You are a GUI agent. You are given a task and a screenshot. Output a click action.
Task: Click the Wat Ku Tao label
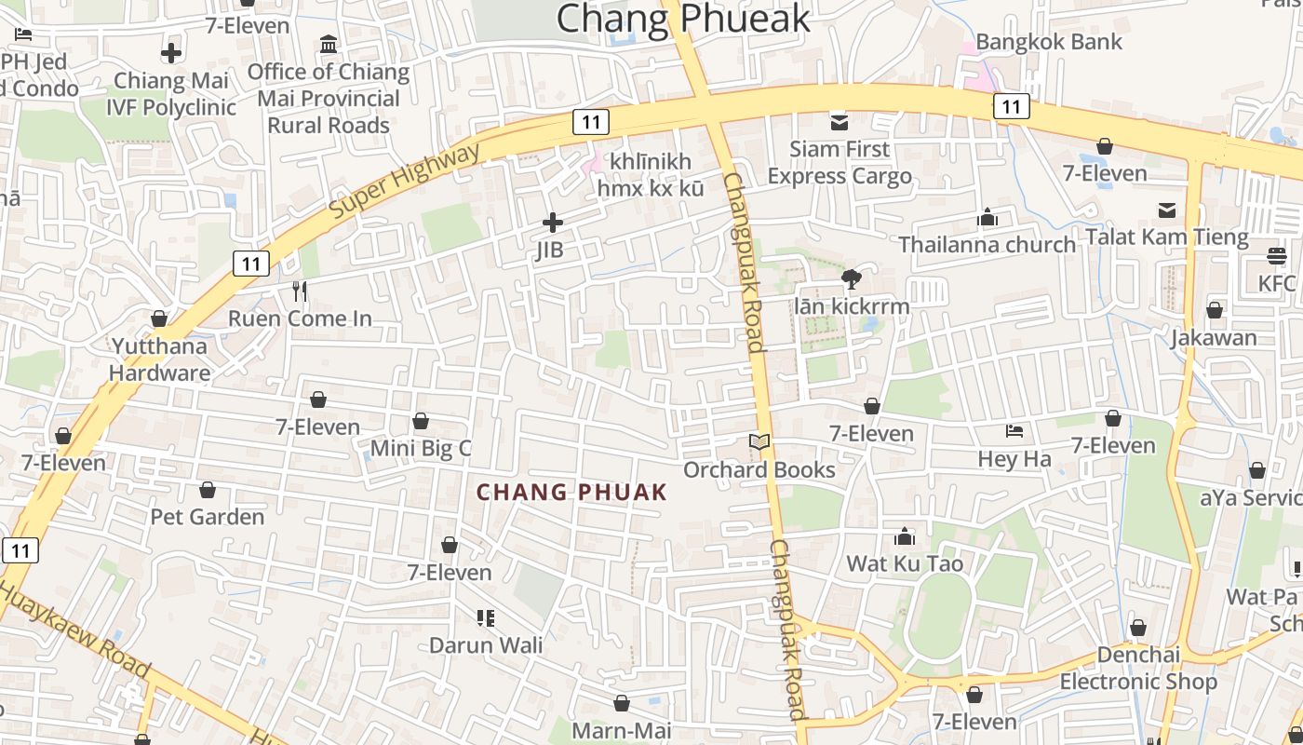coord(905,563)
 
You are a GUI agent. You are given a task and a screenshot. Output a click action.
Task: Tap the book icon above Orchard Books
coord(760,442)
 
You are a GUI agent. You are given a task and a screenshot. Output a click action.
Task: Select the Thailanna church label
coord(987,245)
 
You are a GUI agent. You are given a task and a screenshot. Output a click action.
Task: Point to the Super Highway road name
coord(406,182)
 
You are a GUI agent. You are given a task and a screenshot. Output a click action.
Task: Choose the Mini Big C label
coord(421,449)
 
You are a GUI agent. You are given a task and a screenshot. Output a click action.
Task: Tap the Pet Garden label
coord(208,517)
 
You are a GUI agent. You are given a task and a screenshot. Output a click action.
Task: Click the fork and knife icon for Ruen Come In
coord(300,291)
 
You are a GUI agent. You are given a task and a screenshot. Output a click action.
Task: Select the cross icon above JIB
coord(553,223)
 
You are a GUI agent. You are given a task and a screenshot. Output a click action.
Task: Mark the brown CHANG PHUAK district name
coord(572,493)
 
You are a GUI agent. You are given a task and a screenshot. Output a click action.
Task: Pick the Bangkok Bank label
coord(1049,42)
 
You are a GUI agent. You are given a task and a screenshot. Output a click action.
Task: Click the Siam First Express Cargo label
coord(840,163)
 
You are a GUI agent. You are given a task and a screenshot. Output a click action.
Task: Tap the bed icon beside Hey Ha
coord(1014,431)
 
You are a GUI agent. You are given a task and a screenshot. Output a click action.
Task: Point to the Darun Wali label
coord(486,645)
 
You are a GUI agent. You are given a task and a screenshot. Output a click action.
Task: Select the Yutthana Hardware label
coord(160,359)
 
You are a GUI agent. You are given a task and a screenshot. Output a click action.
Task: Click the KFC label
coord(1277,283)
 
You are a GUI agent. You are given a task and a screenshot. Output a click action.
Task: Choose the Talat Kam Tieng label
coord(1166,237)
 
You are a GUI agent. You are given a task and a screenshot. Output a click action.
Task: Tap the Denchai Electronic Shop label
coord(1138,668)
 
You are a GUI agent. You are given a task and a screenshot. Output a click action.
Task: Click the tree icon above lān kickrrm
coord(851,278)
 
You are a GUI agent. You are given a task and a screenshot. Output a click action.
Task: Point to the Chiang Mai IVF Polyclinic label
coord(171,94)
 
